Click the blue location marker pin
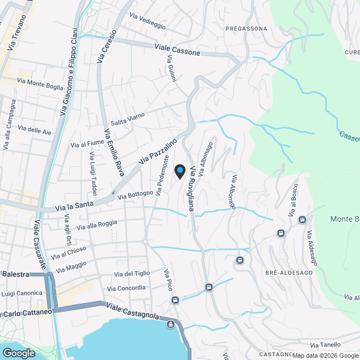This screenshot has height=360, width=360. click(180, 171)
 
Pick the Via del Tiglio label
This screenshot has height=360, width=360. click(132, 274)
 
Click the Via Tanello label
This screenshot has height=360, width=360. click(325, 345)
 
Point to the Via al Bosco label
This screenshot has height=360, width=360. click(292, 200)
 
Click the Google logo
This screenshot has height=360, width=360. click(18, 353)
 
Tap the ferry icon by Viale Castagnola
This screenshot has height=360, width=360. click(170, 324)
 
